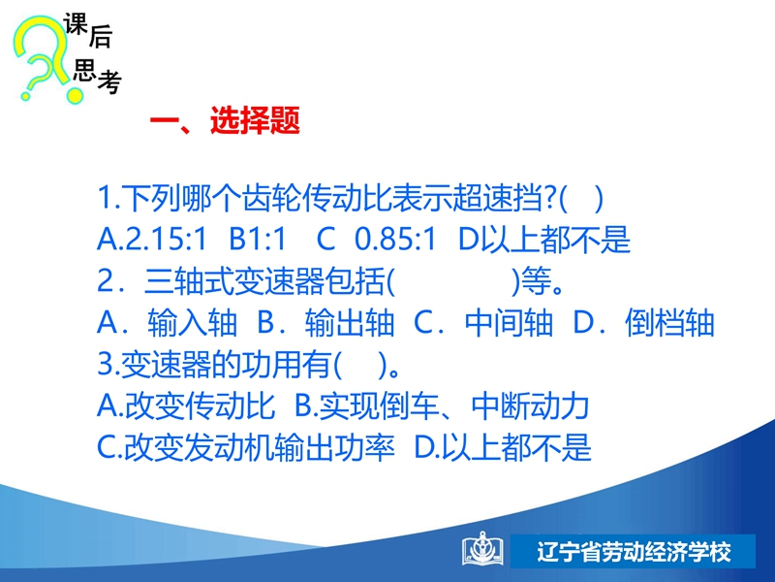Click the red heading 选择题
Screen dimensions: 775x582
click(255, 120)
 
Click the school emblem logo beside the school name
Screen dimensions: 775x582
click(482, 549)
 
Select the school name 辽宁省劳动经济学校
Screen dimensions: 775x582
click(634, 551)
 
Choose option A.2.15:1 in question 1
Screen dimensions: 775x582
click(151, 239)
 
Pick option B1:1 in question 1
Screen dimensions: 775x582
click(258, 239)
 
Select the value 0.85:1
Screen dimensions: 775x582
click(395, 239)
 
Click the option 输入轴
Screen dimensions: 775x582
click(192, 323)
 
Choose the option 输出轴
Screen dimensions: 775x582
click(350, 323)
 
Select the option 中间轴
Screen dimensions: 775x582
click(509, 323)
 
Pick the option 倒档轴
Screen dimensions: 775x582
click(669, 323)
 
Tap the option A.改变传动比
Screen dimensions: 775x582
click(186, 406)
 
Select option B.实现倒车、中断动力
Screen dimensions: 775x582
click(442, 406)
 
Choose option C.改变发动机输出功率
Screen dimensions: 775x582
click(246, 448)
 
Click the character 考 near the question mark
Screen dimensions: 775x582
click(109, 81)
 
